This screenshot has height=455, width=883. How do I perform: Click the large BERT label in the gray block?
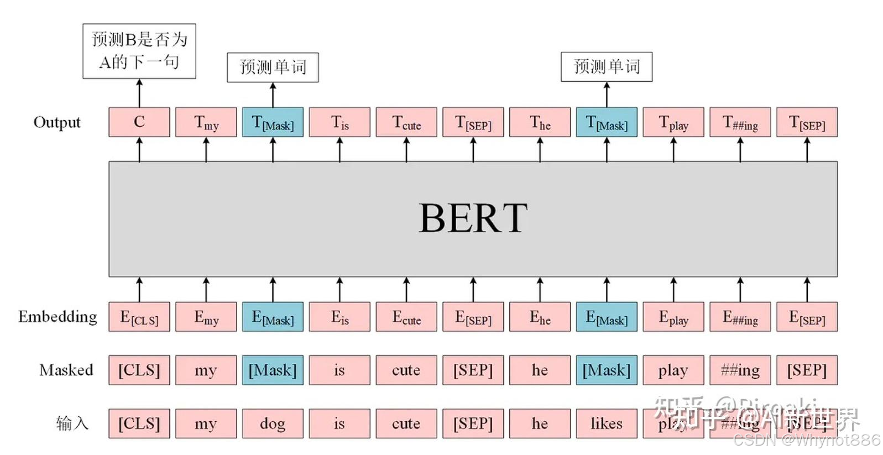pyautogui.click(x=473, y=218)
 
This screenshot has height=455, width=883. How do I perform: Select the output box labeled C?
pyautogui.click(x=139, y=122)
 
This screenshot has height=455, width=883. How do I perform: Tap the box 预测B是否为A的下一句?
pyautogui.click(x=139, y=51)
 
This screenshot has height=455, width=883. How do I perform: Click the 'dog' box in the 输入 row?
pyautogui.click(x=273, y=423)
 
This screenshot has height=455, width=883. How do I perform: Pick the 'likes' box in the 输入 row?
pyautogui.click(x=607, y=423)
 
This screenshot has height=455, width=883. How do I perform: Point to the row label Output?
pyautogui.click(x=57, y=122)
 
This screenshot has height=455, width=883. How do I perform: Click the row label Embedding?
pyautogui.click(x=58, y=317)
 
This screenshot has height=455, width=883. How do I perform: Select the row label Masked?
pyautogui.click(x=66, y=370)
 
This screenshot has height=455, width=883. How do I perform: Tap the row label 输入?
pyautogui.click(x=72, y=423)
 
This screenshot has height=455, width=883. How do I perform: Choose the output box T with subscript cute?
pyautogui.click(x=406, y=122)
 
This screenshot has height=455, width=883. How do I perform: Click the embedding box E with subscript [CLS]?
pyautogui.click(x=139, y=317)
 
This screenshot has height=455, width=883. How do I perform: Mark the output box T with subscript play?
pyautogui.click(x=673, y=122)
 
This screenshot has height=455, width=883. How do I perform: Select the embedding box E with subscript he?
pyautogui.click(x=540, y=317)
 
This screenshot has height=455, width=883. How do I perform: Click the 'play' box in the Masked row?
pyautogui.click(x=673, y=370)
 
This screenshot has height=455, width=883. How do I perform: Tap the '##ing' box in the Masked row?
pyautogui.click(x=740, y=370)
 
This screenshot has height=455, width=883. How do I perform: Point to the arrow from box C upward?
pyautogui.click(x=139, y=93)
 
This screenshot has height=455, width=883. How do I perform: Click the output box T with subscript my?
pyautogui.click(x=206, y=122)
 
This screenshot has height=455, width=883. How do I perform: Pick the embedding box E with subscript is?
pyautogui.click(x=339, y=317)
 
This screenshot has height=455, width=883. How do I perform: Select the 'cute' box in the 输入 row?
pyautogui.click(x=406, y=423)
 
